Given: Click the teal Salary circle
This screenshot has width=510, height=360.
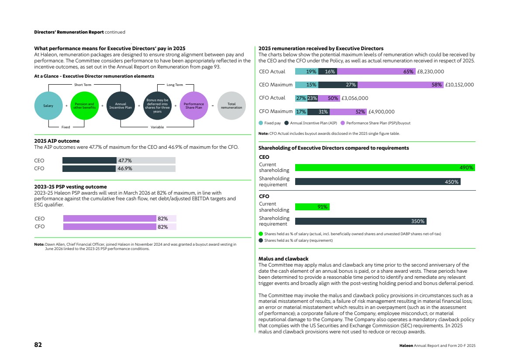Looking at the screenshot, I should (48, 106).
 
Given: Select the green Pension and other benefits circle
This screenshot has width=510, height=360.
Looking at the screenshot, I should (84, 106).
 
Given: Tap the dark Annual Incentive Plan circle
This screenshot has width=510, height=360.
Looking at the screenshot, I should (121, 106).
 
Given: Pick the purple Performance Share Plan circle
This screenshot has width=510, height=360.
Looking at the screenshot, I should (194, 106).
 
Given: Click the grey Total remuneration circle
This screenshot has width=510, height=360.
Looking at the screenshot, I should (231, 106).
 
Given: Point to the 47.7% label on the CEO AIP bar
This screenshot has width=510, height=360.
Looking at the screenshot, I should (125, 161).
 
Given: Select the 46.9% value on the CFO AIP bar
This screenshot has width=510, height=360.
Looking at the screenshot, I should (125, 168).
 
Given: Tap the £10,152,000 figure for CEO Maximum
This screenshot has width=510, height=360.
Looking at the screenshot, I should (459, 85).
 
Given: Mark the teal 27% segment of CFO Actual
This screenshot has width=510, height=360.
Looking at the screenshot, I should (301, 98).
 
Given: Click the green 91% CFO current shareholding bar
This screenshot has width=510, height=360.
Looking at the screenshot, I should (312, 207).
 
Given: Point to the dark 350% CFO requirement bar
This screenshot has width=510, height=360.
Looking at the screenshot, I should (361, 221).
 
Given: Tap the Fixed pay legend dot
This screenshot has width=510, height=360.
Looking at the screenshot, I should (261, 123).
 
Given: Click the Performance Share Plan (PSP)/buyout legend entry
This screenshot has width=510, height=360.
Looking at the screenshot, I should (376, 123).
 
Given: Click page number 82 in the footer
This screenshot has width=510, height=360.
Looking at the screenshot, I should (38, 345).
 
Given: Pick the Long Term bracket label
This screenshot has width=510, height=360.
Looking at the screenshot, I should (175, 85).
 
